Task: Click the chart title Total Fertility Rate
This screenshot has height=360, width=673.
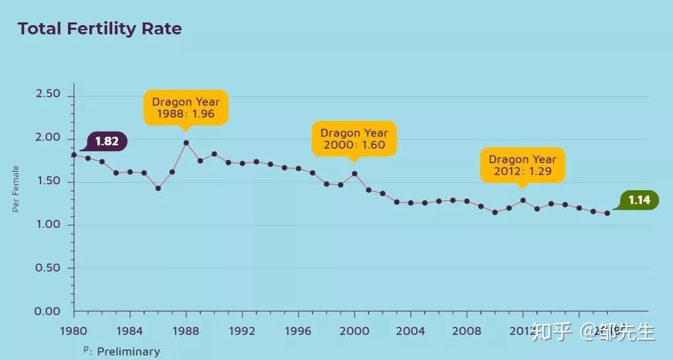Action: click(99, 29)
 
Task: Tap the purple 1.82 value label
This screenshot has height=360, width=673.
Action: click(106, 141)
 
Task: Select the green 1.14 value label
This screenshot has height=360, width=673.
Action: click(639, 200)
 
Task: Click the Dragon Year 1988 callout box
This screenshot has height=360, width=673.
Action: click(186, 107)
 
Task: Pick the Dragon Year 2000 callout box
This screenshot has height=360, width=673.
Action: click(354, 139)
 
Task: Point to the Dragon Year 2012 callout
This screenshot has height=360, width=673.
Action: click(522, 165)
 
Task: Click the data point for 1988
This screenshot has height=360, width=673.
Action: click(186, 143)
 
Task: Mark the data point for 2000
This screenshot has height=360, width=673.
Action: click(355, 174)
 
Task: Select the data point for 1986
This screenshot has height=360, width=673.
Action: click(158, 188)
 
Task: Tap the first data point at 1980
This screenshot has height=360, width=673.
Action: click(74, 155)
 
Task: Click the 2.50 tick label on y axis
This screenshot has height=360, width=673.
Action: click(48, 94)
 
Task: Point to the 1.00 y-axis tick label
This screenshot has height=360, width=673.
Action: click(48, 225)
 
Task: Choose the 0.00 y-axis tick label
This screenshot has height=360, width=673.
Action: click(48, 311)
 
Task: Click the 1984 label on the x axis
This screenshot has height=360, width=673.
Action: click(129, 330)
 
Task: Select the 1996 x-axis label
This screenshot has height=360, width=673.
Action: click(298, 330)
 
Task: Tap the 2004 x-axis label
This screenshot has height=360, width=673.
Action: click(410, 330)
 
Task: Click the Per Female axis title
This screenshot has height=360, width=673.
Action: click(16, 189)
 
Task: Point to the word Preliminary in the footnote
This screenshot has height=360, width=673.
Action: click(128, 351)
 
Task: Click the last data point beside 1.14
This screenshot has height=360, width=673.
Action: click(607, 213)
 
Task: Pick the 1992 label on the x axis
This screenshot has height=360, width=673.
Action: click(242, 330)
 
